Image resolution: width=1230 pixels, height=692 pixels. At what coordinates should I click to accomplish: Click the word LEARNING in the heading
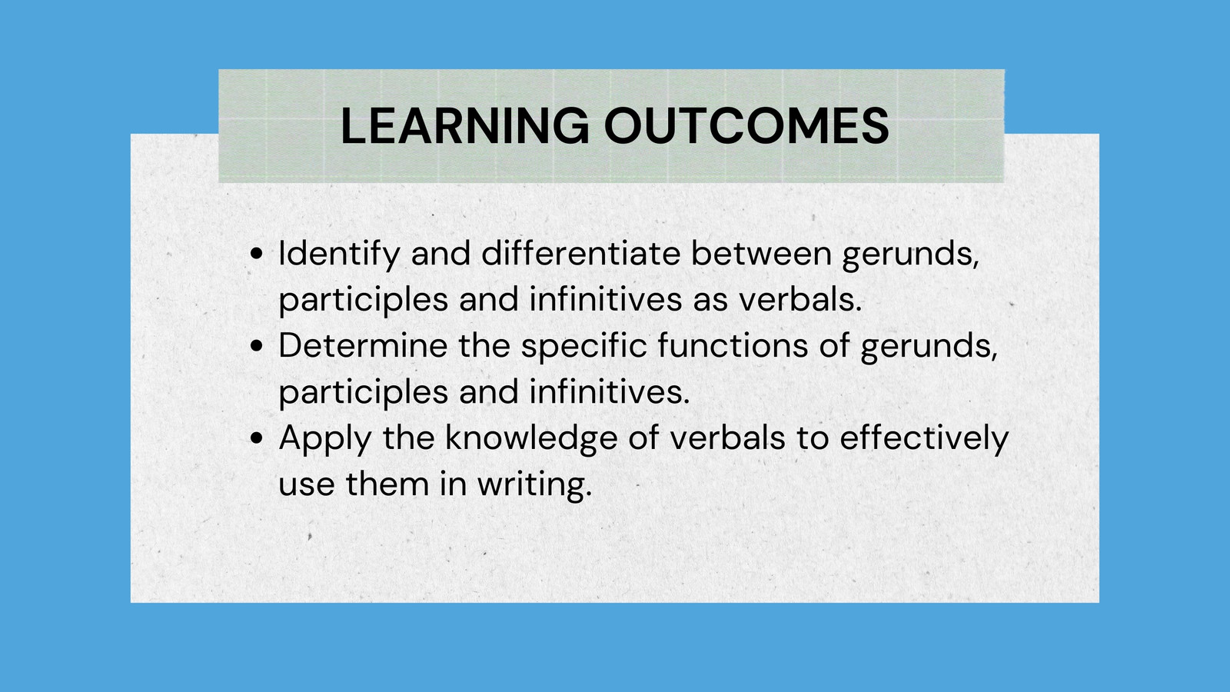pos(464,126)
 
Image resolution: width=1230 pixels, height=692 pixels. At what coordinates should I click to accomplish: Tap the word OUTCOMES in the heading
pos(746,126)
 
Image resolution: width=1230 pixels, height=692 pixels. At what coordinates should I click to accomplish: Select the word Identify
pos(339,255)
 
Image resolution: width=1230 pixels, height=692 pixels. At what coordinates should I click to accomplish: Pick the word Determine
pos(363,346)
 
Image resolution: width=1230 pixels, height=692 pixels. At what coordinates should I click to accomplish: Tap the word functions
pos(733,346)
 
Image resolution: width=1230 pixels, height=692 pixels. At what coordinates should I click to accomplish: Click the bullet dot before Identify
pos(257,254)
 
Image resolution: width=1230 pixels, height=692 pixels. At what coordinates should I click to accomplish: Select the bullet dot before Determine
pos(257,346)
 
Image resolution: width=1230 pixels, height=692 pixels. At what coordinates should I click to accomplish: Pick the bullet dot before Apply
pos(257,438)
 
